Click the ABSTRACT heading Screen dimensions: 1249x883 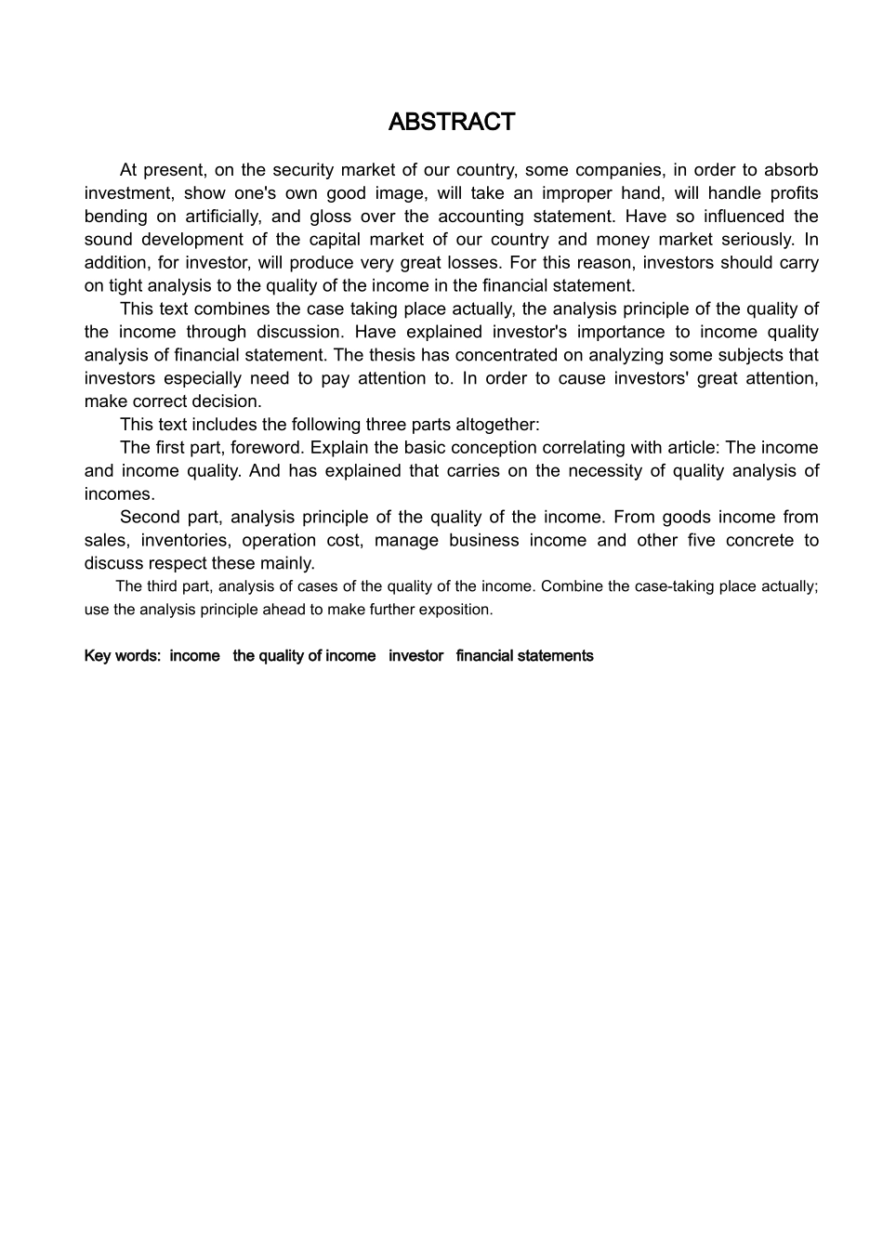coord(451,122)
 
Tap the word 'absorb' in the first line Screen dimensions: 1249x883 coord(790,170)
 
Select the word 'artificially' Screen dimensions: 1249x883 coord(225,217)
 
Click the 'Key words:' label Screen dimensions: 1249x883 coord(123,656)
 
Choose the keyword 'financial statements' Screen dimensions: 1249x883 coord(524,656)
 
